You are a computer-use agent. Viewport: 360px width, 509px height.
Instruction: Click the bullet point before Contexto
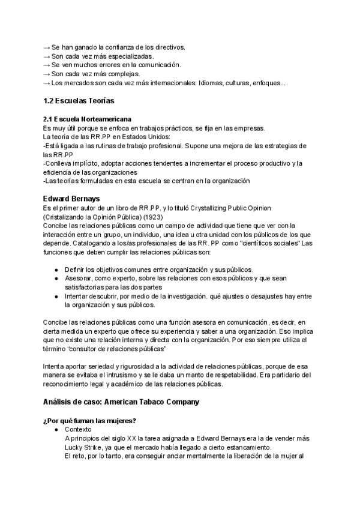point(56,430)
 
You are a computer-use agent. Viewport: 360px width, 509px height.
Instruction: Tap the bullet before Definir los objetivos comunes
point(56,270)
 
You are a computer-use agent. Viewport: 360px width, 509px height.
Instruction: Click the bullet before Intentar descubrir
point(56,297)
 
